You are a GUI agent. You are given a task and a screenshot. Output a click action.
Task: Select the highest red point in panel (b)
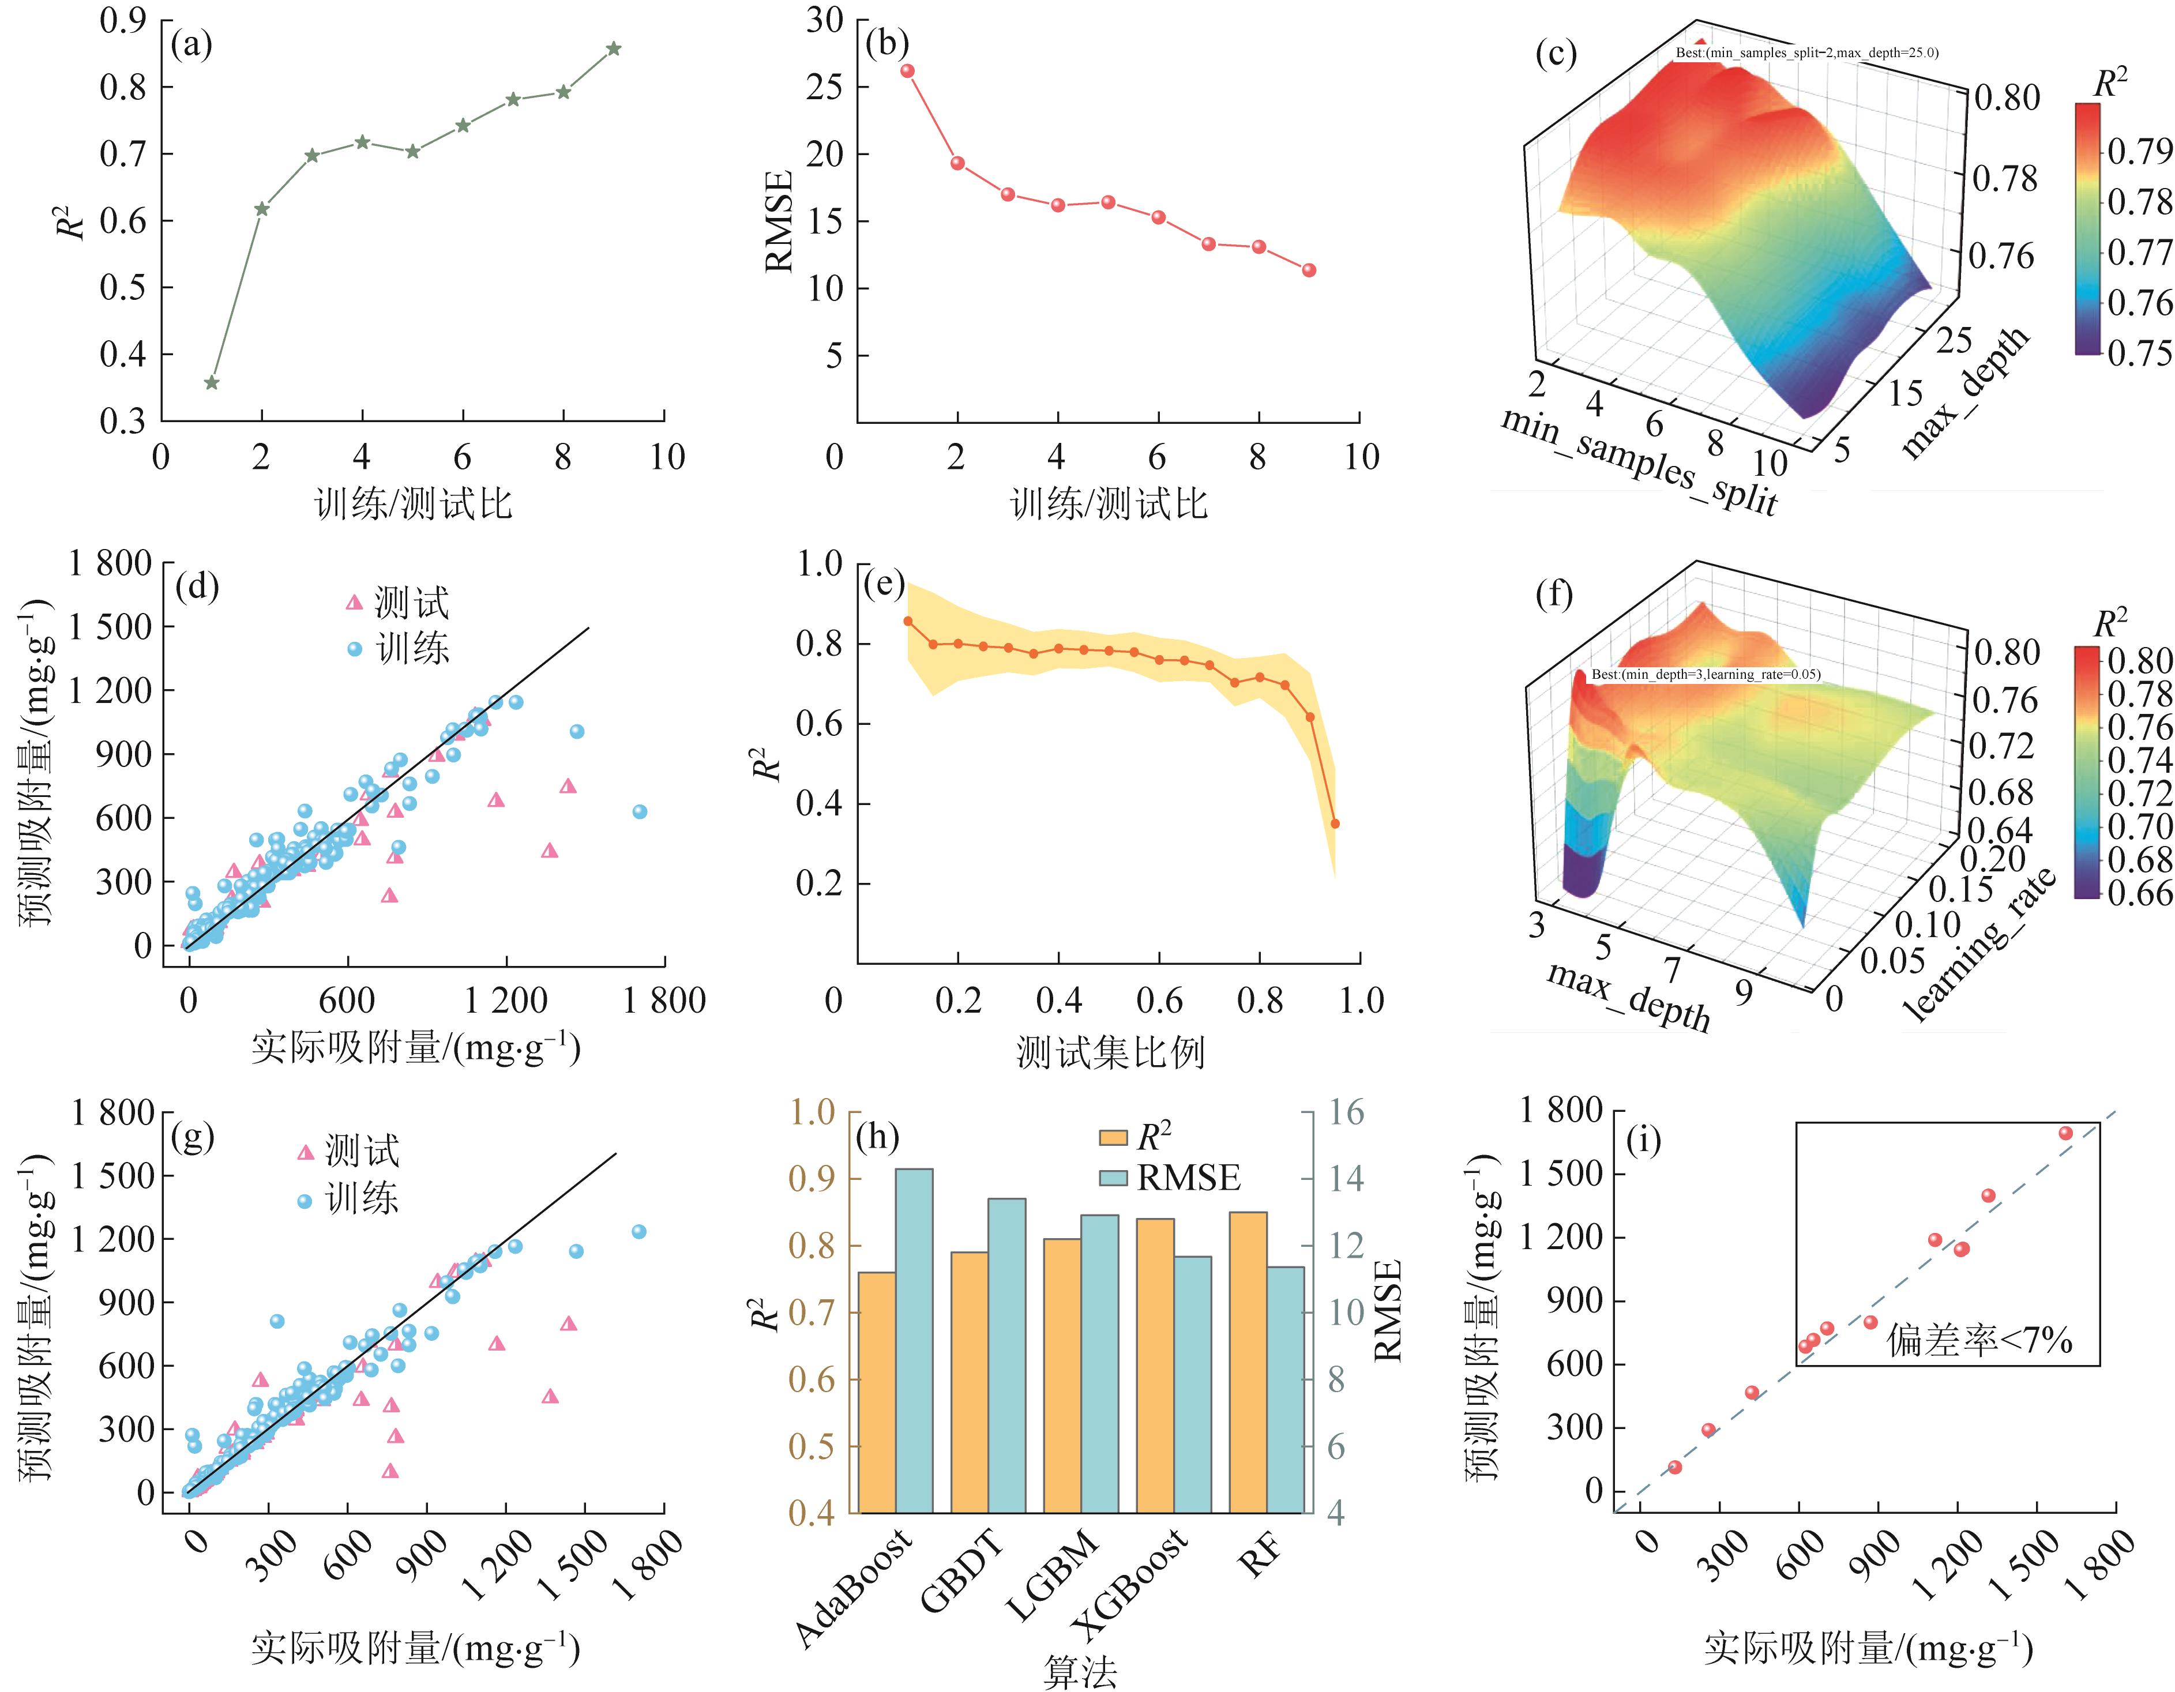[x=907, y=71]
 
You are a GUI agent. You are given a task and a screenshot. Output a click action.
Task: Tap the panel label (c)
[x=1556, y=53]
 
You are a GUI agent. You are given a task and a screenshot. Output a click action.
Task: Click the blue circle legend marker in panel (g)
[x=305, y=1202]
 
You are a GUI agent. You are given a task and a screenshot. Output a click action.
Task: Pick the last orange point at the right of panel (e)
[x=1335, y=824]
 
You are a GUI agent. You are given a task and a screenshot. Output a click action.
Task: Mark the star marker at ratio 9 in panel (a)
[x=614, y=49]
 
